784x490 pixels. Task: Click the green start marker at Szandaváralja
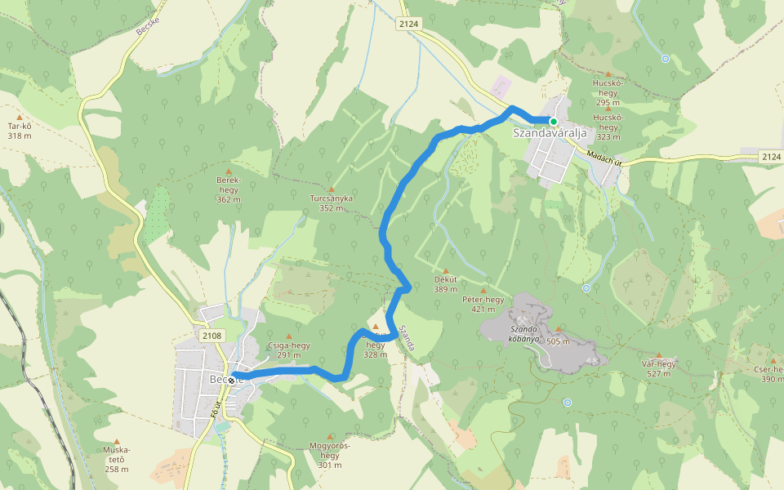pyautogui.click(x=553, y=122)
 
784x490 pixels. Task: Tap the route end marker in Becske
pyautogui.click(x=233, y=380)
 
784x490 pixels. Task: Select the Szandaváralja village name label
pyautogui.click(x=551, y=133)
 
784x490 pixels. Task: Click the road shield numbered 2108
pyautogui.click(x=211, y=335)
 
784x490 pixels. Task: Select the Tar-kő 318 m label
pyautogui.click(x=20, y=131)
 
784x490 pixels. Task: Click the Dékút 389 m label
pyautogui.click(x=446, y=284)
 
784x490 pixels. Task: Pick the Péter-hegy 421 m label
pyautogui.click(x=483, y=304)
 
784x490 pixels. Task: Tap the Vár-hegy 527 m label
pyautogui.click(x=658, y=368)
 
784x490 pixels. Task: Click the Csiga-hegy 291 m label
pyautogui.click(x=288, y=350)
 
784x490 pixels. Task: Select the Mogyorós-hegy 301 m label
pyautogui.click(x=330, y=450)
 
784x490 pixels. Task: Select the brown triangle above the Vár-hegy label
pyautogui.click(x=658, y=354)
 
